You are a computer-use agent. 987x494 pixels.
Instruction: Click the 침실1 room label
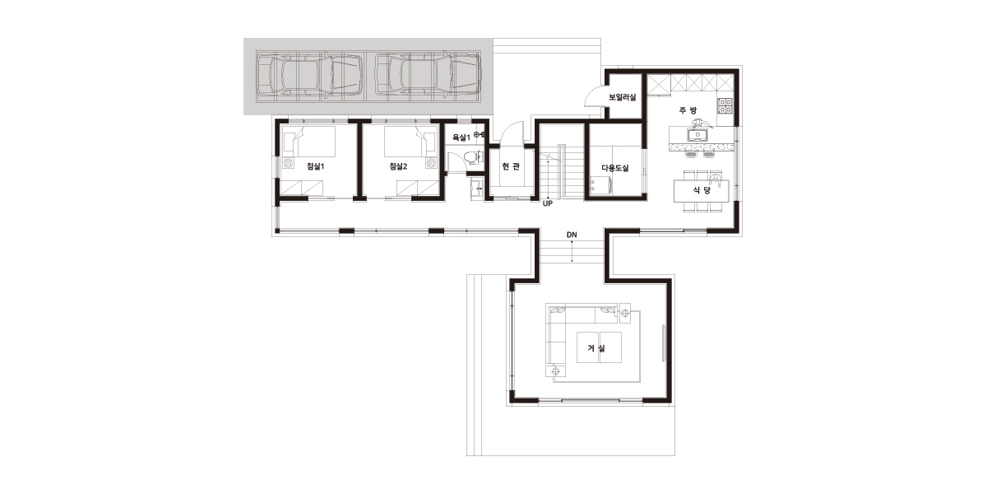[x=316, y=166]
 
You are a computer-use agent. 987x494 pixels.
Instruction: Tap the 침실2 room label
[x=398, y=166]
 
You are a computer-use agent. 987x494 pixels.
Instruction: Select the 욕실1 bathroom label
[x=461, y=137]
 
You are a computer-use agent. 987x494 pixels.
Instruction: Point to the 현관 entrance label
[x=511, y=165]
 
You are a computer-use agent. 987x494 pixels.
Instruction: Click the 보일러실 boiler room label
[x=622, y=97]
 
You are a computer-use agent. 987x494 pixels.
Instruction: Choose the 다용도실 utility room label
[x=615, y=168]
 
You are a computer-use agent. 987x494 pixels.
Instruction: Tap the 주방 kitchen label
[x=688, y=110]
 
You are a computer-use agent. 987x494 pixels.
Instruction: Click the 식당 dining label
[x=702, y=190]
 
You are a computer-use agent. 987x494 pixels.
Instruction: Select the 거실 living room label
[x=596, y=348]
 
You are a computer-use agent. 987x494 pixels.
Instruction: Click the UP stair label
[x=547, y=204]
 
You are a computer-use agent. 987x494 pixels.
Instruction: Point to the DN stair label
[x=572, y=235]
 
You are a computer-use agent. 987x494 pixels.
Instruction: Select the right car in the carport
[x=428, y=75]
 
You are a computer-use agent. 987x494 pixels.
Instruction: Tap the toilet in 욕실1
[x=474, y=157]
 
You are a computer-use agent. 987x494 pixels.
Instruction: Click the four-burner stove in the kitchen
[x=725, y=106]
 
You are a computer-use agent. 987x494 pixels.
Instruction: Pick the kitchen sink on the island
[x=697, y=134]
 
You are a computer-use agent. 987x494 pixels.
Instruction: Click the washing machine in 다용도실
[x=601, y=185]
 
